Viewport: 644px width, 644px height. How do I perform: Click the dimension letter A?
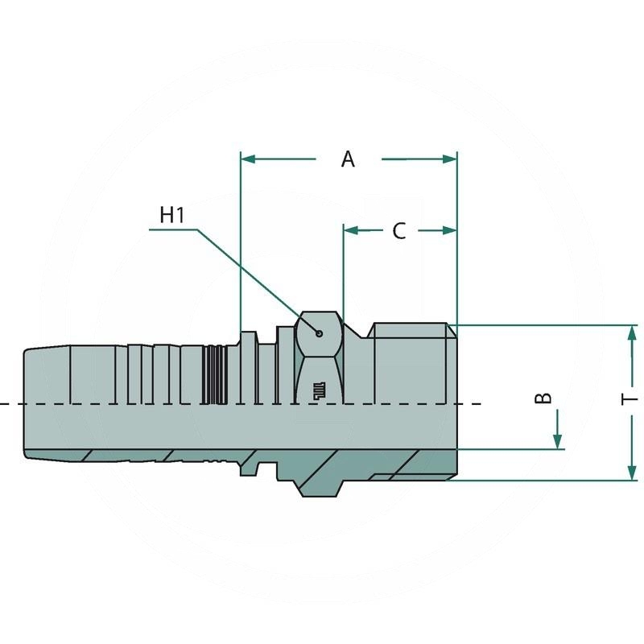348,159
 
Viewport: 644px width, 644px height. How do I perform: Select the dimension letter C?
399,231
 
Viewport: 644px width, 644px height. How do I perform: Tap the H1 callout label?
172,215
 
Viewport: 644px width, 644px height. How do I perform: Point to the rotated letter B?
544,398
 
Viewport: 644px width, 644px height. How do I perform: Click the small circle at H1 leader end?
320,332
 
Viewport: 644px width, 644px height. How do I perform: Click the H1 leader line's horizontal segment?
173,230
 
